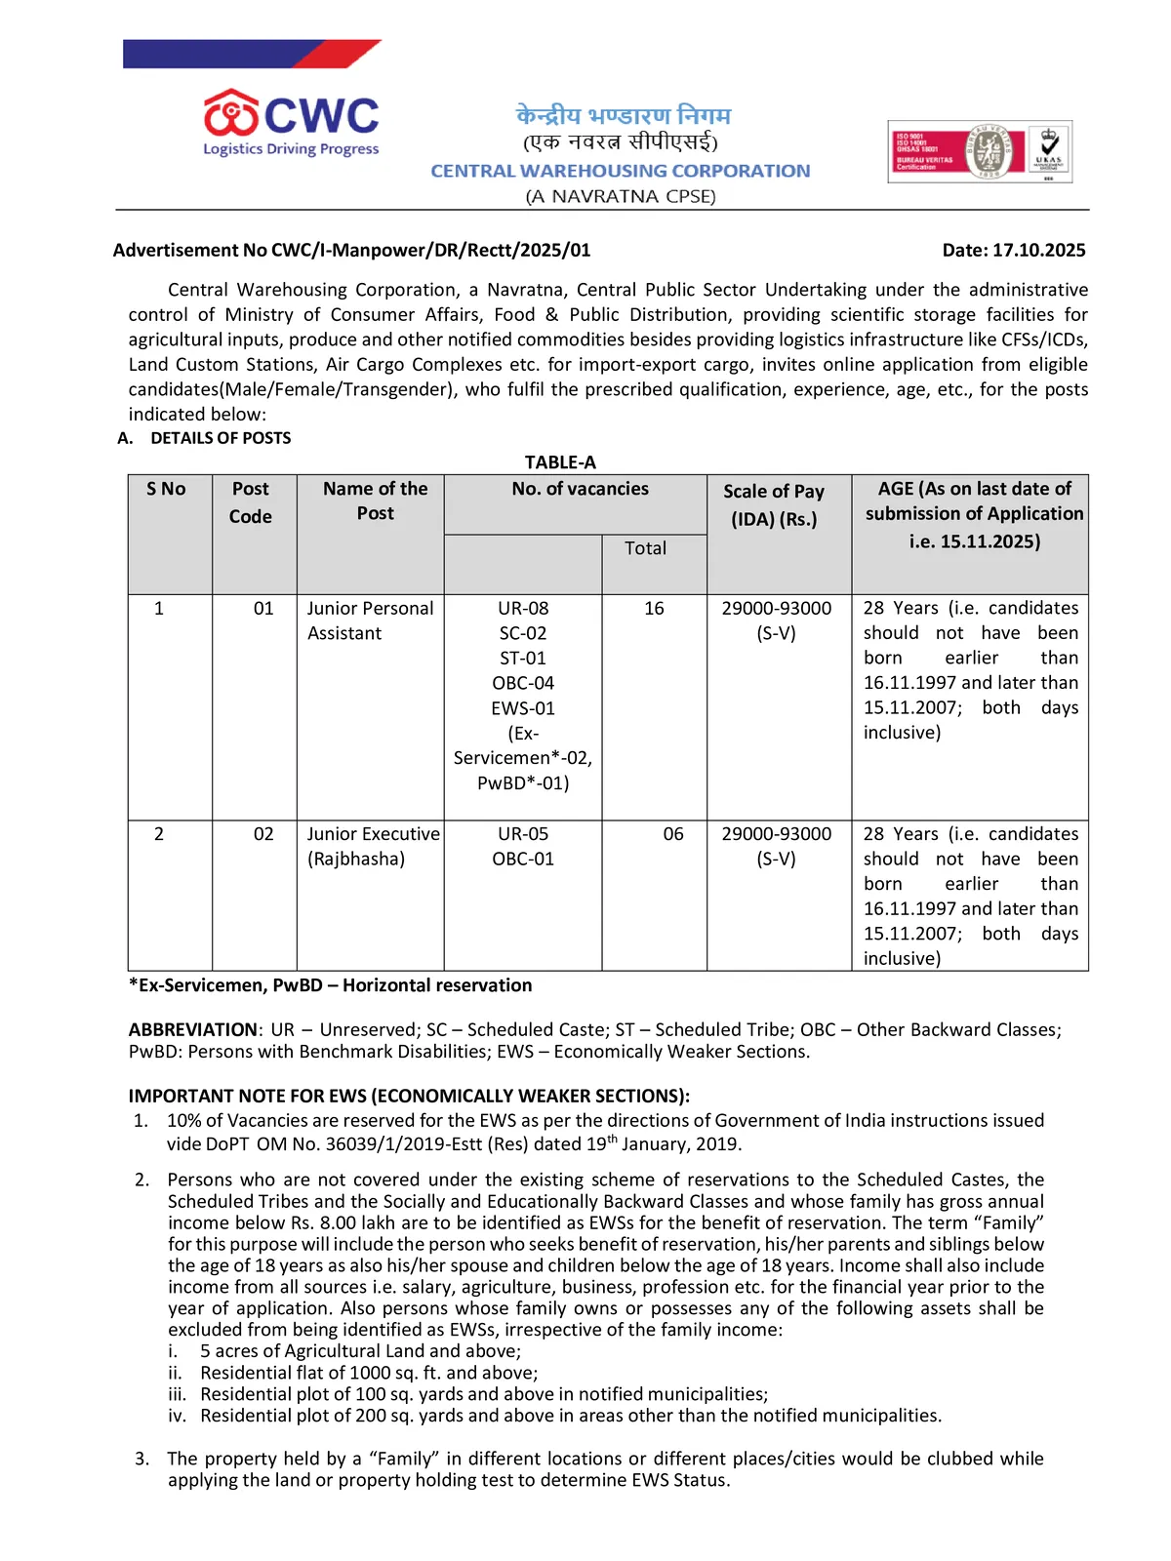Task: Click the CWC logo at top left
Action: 291,123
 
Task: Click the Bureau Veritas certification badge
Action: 979,151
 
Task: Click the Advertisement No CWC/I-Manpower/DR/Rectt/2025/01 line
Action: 351,251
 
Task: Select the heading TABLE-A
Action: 560,462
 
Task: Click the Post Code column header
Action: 251,502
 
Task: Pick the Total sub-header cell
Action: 645,548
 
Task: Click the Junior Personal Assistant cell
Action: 370,620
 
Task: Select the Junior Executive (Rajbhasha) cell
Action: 373,847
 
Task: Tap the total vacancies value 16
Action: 654,609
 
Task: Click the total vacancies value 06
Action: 673,834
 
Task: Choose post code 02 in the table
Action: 263,834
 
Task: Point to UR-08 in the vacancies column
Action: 523,609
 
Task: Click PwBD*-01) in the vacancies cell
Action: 523,782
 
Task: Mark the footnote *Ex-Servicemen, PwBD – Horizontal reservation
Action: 330,985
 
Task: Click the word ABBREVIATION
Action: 193,1030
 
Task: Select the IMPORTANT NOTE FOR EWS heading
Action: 409,1097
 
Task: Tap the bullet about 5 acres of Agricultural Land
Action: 360,1351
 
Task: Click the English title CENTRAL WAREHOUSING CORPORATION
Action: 621,171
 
